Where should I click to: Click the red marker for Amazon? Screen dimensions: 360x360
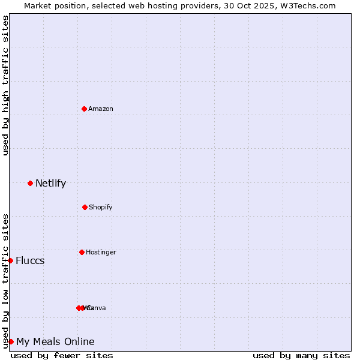(84, 109)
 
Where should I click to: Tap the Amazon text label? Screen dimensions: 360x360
(101, 109)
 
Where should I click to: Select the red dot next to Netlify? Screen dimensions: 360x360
(30, 183)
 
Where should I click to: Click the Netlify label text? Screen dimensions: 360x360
(50, 183)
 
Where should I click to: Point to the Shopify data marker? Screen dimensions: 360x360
(85, 207)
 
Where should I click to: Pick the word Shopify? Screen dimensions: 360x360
(101, 207)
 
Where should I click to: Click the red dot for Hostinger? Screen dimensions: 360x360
(82, 252)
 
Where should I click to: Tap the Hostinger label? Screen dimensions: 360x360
(101, 252)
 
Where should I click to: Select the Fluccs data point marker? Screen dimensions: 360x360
(10, 260)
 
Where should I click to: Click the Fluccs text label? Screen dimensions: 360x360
(30, 260)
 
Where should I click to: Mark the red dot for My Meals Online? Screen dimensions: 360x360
(11, 341)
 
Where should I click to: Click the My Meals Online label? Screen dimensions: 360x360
(55, 341)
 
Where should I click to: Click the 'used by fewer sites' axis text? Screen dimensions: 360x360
(62, 355)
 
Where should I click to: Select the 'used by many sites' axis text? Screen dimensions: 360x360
(301, 355)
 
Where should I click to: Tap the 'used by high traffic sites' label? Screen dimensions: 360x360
(5, 85)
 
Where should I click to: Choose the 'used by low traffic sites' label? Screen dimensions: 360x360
(5, 281)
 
